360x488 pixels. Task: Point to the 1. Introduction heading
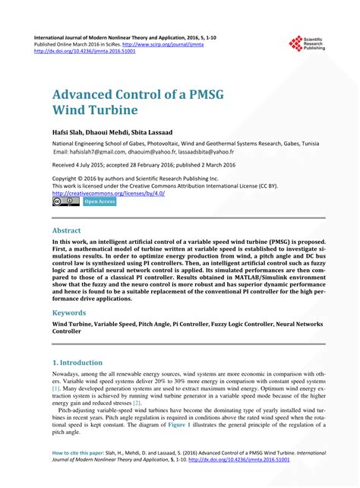point(82,363)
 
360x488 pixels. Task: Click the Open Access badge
point(99,201)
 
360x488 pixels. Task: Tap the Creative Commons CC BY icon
point(65,201)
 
